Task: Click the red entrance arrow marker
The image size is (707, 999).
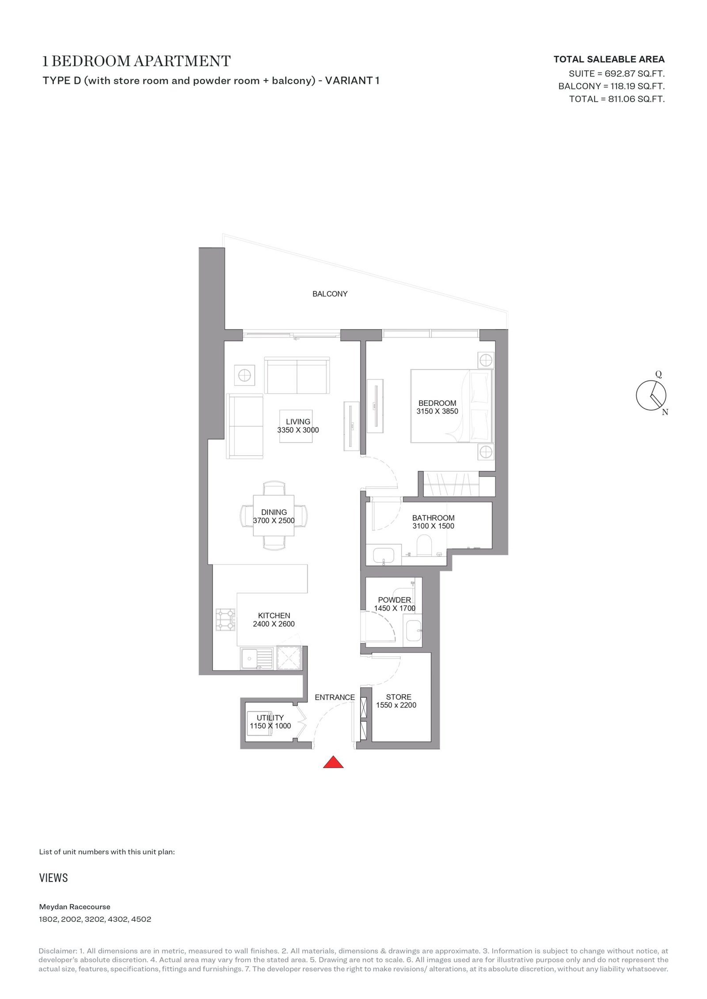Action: [x=333, y=762]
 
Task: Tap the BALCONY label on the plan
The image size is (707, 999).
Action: [x=330, y=294]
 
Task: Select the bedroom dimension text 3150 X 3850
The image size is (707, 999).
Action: [x=437, y=411]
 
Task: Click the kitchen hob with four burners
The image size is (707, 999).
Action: [x=226, y=619]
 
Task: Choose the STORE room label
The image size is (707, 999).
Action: [x=399, y=697]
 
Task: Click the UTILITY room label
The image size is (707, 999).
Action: [x=270, y=718]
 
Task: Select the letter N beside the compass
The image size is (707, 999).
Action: [x=665, y=412]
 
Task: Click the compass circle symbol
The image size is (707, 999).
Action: [x=651, y=395]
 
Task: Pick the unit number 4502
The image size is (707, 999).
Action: [x=141, y=920]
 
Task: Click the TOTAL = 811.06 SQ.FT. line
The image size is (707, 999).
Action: [x=617, y=99]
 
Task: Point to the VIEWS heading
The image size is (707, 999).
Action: [x=53, y=878]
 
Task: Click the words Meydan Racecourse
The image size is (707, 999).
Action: [x=75, y=907]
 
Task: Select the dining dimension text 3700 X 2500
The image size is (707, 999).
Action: [x=274, y=520]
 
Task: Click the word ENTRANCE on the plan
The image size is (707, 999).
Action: [x=334, y=697]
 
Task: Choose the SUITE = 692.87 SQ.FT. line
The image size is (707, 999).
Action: [x=616, y=73]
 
